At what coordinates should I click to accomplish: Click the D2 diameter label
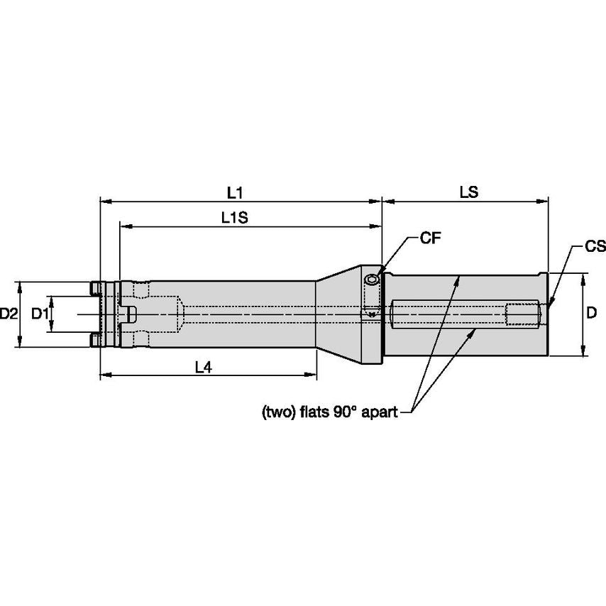click(x=9, y=313)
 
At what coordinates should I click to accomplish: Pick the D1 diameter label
click(x=40, y=313)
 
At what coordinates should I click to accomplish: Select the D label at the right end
click(x=591, y=313)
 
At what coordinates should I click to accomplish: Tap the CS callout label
click(x=595, y=246)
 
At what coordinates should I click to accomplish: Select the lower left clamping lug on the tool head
click(x=95, y=342)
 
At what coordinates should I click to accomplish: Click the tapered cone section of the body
click(x=338, y=313)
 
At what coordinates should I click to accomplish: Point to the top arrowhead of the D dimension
click(x=582, y=277)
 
